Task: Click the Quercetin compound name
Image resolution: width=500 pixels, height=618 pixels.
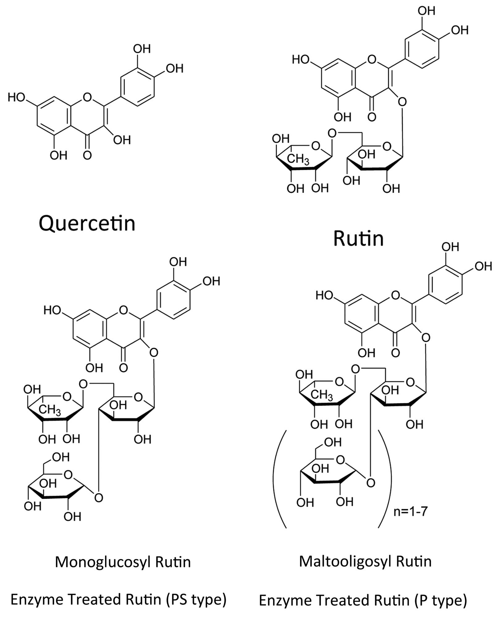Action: click(87, 224)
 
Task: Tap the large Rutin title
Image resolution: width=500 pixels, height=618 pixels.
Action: click(358, 238)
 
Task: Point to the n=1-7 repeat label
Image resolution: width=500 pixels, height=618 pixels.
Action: click(410, 512)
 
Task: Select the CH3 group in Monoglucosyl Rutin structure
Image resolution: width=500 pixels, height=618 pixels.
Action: click(50, 410)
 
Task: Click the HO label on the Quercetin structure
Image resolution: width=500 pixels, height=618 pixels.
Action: click(16, 97)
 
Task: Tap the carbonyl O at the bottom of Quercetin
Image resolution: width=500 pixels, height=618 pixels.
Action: click(87, 155)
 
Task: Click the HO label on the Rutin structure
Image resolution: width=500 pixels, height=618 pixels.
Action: click(301, 59)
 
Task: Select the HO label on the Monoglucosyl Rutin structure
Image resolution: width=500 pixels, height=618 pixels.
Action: click(52, 310)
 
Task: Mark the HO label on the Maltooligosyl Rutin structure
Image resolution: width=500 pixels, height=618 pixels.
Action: click(324, 296)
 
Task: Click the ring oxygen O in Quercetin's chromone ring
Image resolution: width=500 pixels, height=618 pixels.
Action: click(87, 97)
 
